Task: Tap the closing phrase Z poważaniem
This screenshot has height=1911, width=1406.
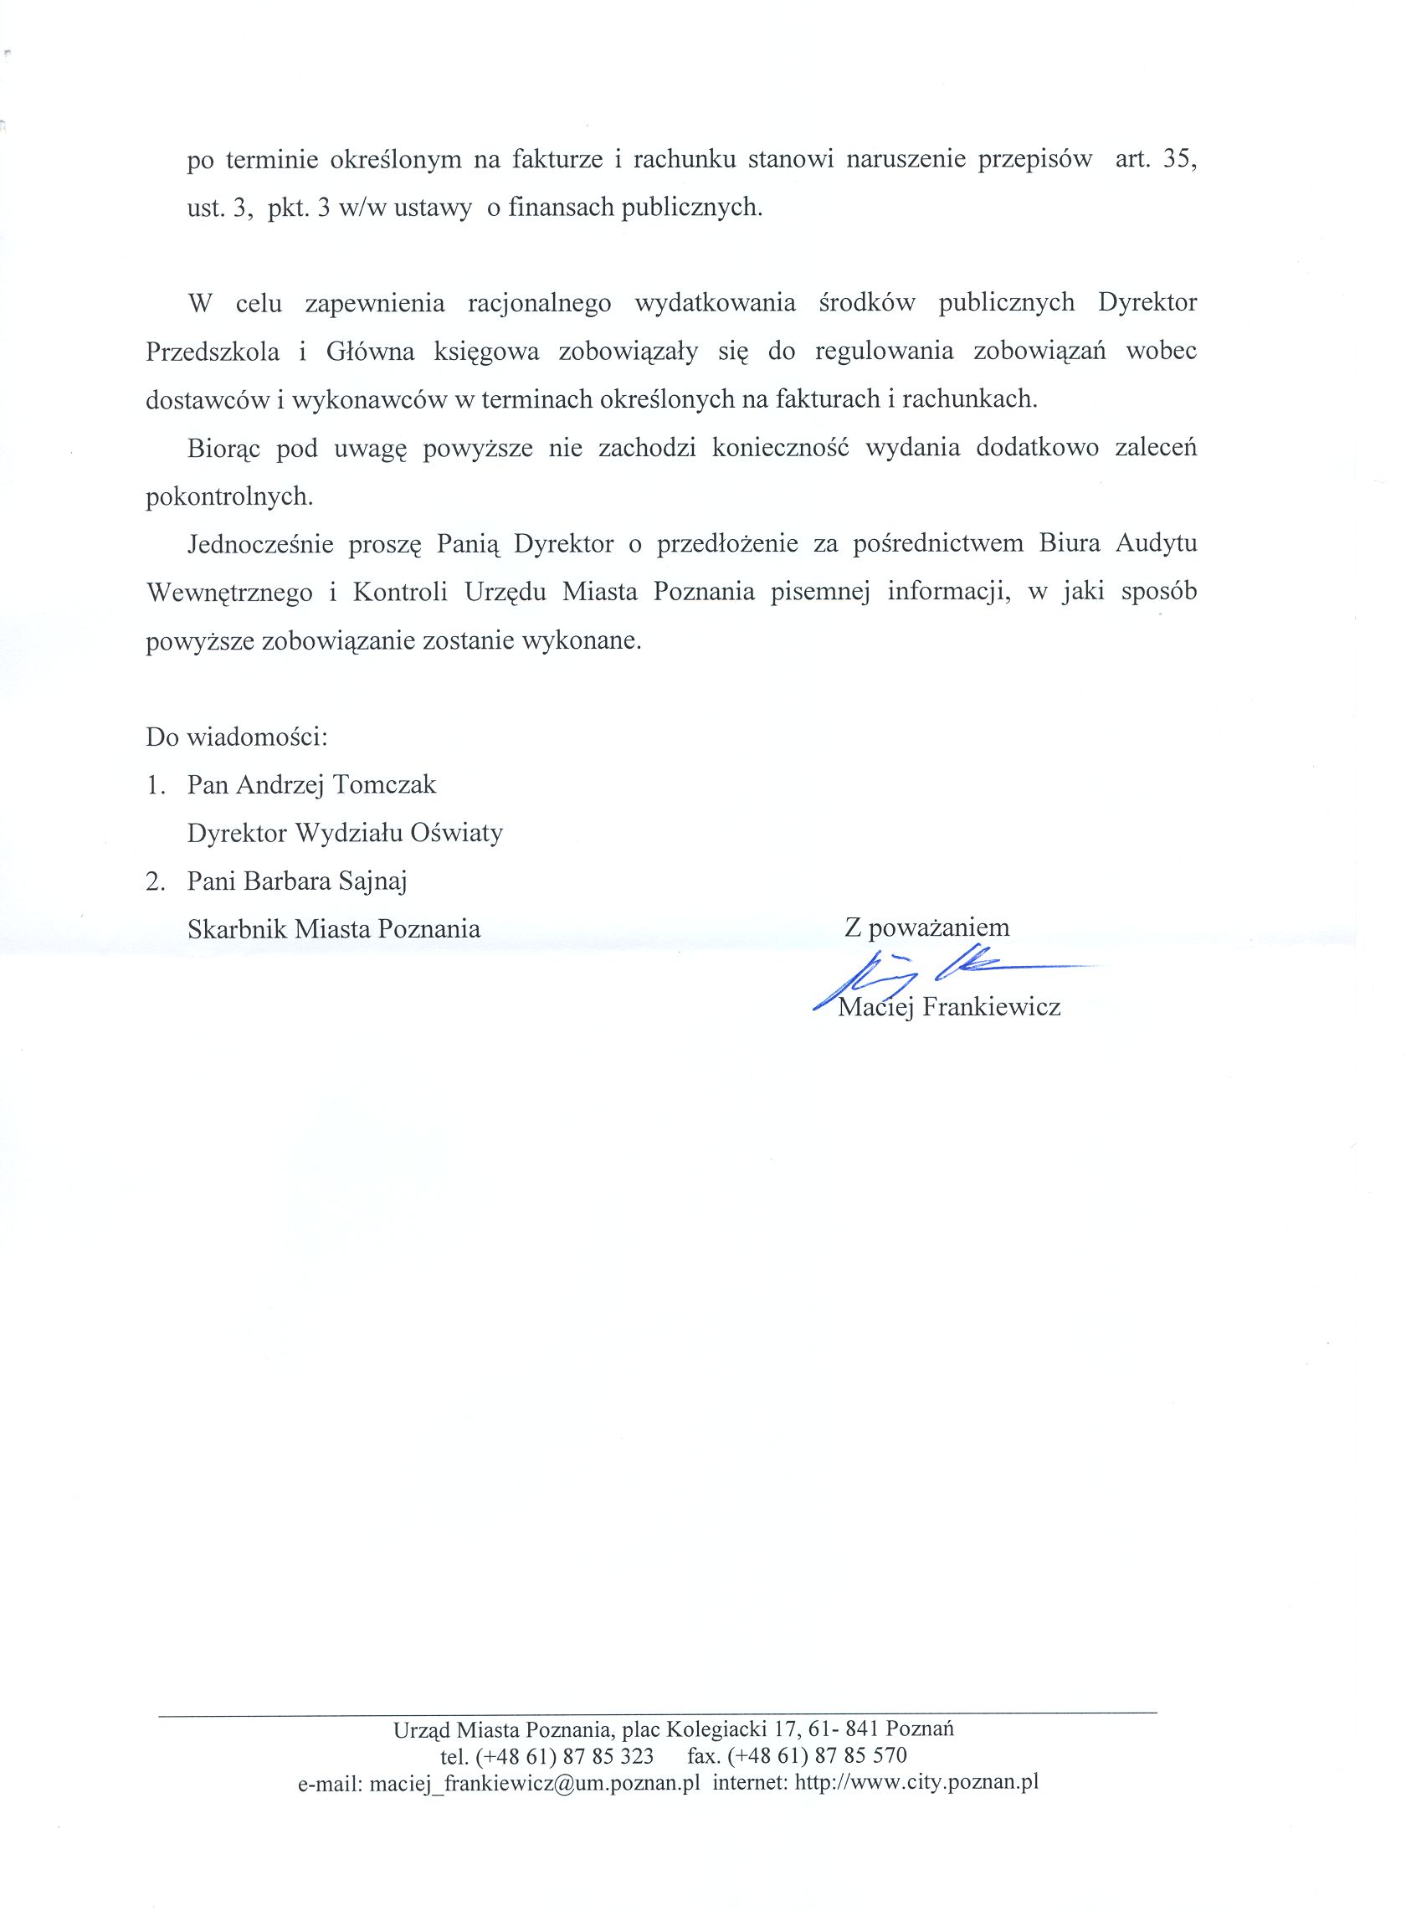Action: pos(926,927)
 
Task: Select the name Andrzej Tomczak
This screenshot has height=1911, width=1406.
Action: pos(336,785)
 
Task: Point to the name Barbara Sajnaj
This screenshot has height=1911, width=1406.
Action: pos(325,881)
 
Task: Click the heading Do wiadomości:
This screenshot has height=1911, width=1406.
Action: pos(237,737)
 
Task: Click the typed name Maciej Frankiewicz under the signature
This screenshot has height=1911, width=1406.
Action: pos(949,1008)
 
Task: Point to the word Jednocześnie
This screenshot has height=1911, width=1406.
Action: pos(259,544)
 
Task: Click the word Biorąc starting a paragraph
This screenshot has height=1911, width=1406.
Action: pos(223,449)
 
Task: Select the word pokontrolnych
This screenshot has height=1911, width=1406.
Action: pos(230,496)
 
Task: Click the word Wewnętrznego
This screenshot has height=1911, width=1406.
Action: pos(229,593)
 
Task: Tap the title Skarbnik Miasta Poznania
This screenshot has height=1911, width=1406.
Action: pos(334,928)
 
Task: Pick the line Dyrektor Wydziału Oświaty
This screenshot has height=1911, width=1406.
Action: pos(345,833)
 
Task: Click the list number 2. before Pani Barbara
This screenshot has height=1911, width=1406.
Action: pos(155,882)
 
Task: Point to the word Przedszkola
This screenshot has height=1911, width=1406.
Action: pos(213,352)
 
